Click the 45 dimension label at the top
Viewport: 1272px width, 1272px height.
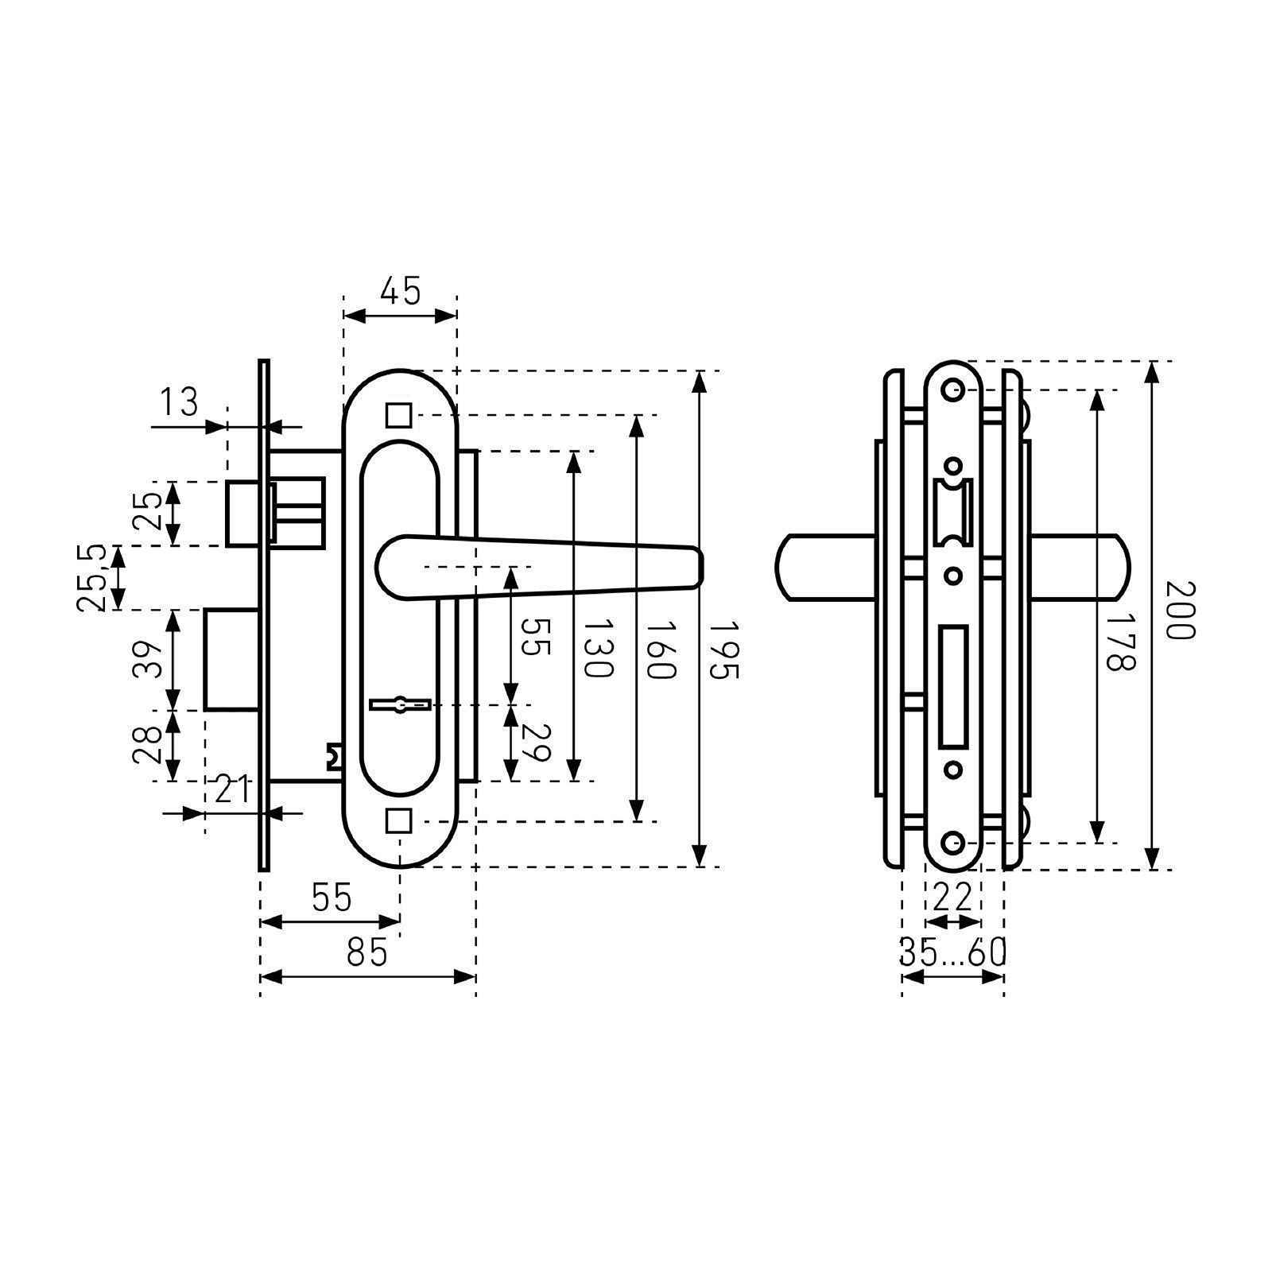click(400, 291)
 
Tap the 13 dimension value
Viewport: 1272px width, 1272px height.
click(180, 402)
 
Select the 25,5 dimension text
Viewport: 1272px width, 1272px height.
click(92, 578)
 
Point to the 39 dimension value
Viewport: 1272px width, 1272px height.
click(148, 659)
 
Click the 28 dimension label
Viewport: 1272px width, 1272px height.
click(148, 745)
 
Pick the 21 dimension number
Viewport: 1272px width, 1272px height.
click(233, 791)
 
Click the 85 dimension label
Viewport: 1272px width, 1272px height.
click(367, 952)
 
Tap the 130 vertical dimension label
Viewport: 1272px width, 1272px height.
click(598, 648)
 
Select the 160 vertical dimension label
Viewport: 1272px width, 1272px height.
click(660, 648)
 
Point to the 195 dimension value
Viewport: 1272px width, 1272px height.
click(723, 648)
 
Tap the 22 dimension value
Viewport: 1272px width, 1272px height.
click(952, 898)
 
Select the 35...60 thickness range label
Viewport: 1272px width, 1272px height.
click(953, 952)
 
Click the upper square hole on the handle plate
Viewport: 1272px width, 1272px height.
click(399, 415)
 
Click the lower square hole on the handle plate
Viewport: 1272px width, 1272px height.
click(399, 820)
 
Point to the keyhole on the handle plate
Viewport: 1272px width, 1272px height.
click(401, 704)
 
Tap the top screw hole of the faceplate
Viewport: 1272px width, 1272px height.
click(952, 390)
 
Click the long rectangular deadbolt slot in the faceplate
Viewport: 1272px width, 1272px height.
click(953, 688)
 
